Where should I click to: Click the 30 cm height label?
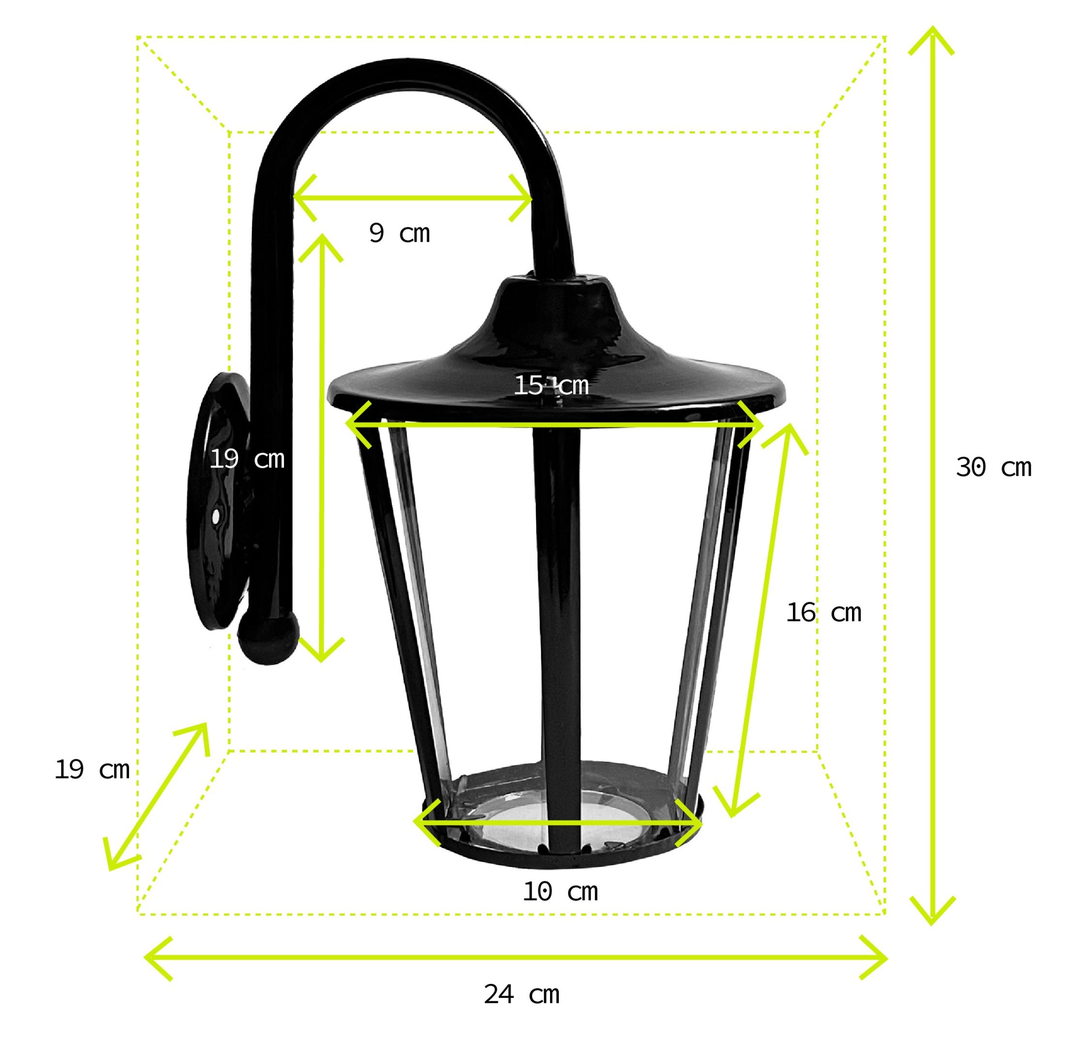tap(993, 467)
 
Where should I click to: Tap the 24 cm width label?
tap(521, 994)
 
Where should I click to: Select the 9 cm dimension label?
tap(399, 233)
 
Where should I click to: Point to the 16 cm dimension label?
tap(823, 613)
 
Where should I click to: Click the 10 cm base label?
tap(560, 892)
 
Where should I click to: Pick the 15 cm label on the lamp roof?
tap(551, 385)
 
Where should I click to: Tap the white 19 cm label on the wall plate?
tap(247, 459)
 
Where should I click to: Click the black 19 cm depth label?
tap(92, 770)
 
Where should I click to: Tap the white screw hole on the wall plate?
tap(215, 517)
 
